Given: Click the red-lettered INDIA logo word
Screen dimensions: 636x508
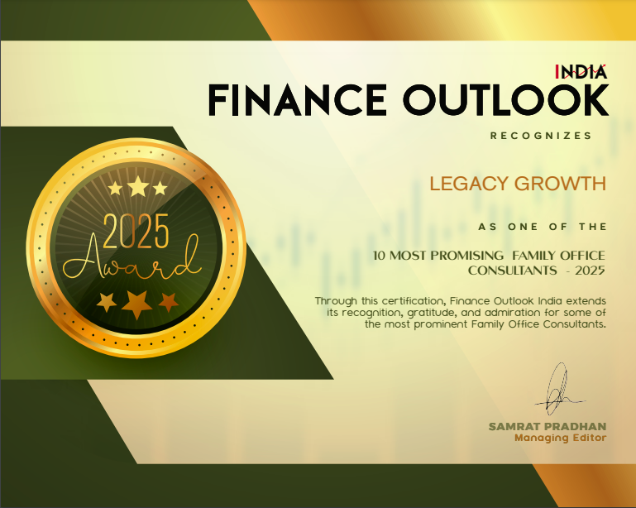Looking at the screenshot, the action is (x=581, y=72).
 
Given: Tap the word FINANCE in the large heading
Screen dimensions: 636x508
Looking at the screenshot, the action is (x=297, y=100).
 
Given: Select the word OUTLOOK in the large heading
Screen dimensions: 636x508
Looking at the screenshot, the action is (x=506, y=100).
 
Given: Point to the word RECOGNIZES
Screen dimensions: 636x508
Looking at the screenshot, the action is (x=541, y=136).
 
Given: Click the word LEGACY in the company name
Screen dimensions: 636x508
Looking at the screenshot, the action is (x=469, y=184).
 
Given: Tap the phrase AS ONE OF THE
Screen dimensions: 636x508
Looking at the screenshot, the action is (x=543, y=227).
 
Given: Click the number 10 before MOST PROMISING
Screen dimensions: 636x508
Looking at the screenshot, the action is (x=379, y=256).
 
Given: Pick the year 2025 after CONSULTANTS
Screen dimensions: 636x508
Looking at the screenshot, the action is (x=591, y=271).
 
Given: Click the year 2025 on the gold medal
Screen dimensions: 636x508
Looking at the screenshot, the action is (x=136, y=232).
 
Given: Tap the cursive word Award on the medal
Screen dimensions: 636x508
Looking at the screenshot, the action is (x=132, y=259).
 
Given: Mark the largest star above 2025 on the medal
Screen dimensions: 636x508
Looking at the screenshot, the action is (x=138, y=186).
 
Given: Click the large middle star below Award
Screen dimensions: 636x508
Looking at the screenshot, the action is (x=136, y=304).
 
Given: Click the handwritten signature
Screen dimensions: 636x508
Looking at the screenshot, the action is (x=558, y=389).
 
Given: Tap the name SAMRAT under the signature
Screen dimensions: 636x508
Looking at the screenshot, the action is (x=514, y=427).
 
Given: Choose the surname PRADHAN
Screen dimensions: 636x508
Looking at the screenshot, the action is (x=575, y=427).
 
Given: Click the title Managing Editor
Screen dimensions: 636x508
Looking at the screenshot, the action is (x=561, y=439).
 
